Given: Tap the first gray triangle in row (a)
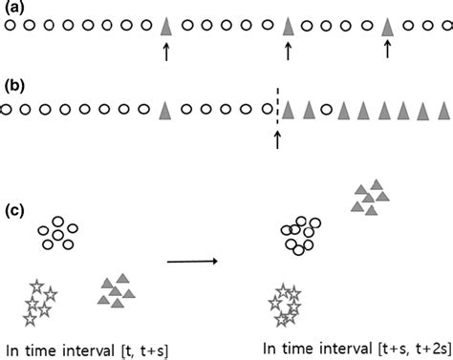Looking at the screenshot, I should pyautogui.click(x=165, y=27).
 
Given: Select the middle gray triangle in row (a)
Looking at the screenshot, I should pyautogui.click(x=288, y=27).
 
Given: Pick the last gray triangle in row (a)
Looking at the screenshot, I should pyautogui.click(x=387, y=27).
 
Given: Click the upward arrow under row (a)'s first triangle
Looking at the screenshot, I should pyautogui.click(x=165, y=53).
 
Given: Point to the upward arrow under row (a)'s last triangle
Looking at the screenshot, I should pyautogui.click(x=387, y=53).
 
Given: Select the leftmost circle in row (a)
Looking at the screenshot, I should pyautogui.click(x=10, y=28).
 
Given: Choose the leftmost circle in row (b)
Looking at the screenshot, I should pyautogui.click(x=7, y=111).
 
